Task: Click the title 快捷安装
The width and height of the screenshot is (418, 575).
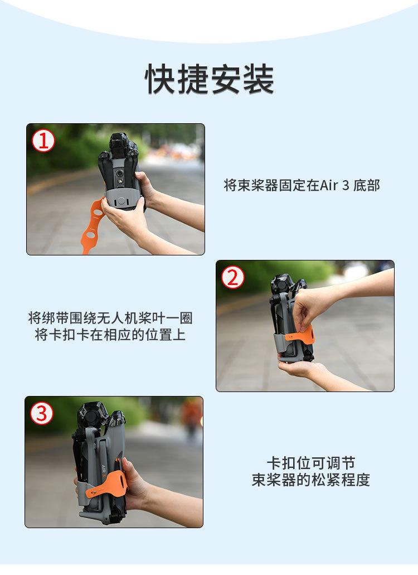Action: [x=210, y=79]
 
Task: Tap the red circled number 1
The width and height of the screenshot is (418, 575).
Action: [x=43, y=141]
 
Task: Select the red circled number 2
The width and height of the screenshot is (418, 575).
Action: [x=233, y=277]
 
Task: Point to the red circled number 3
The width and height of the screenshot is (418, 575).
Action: [x=42, y=413]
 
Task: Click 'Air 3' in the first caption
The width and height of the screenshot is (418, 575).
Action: [x=334, y=185]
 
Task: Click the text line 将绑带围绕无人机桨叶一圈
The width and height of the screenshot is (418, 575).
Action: [x=110, y=317]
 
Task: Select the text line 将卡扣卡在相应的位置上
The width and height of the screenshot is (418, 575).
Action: [x=110, y=335]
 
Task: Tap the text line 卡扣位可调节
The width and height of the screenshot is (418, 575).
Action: [x=310, y=463]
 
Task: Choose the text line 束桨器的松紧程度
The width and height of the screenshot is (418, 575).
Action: [x=310, y=480]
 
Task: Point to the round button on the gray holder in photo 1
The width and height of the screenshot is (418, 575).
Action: [x=120, y=201]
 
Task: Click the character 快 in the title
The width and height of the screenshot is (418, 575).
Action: [x=161, y=79]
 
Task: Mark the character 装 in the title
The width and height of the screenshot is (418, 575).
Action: [x=259, y=79]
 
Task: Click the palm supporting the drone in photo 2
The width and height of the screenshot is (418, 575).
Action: [x=296, y=368]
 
